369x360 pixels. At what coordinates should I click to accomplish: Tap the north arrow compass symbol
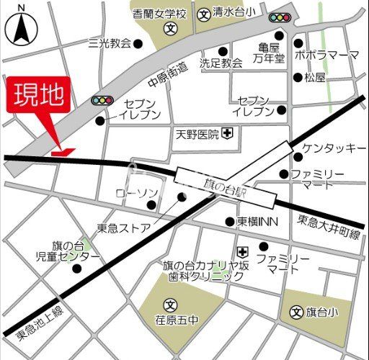pos(20,28)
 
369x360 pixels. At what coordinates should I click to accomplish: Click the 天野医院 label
pos(197,134)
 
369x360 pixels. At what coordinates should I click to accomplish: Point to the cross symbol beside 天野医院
pos(227,133)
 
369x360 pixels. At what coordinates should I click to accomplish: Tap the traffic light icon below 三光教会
pos(104,101)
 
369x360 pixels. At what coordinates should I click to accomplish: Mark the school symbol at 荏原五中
pos(169,302)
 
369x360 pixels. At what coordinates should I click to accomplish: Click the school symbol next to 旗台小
pos(296,312)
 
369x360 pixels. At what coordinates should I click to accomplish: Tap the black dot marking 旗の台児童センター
pos(76,269)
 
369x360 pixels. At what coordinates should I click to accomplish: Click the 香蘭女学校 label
pos(160,13)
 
